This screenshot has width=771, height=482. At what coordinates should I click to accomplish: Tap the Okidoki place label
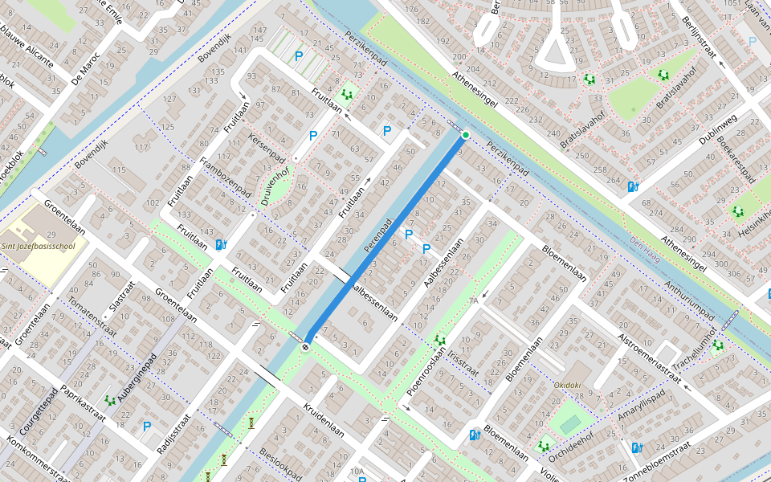click(567, 385)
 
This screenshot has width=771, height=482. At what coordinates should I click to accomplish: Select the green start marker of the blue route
click(465, 135)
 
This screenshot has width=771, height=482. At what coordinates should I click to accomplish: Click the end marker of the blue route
click(306, 347)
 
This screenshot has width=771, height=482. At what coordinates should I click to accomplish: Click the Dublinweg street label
click(717, 130)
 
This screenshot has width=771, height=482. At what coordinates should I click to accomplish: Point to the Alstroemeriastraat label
click(644, 357)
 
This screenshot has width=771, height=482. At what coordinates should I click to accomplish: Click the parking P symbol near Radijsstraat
click(147, 427)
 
